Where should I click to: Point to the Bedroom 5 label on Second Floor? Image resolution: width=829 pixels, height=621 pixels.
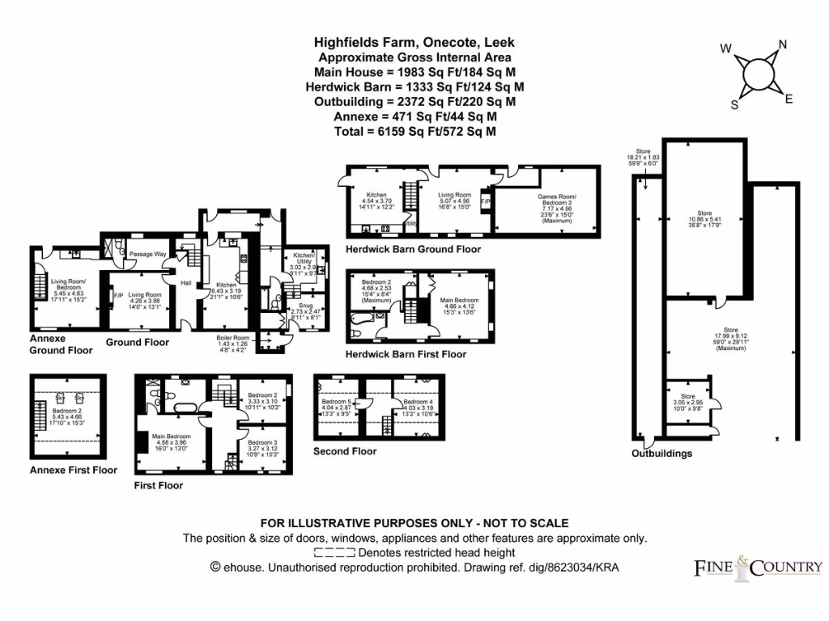pos(337,402)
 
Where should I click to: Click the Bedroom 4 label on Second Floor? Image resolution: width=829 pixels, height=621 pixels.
pos(419,402)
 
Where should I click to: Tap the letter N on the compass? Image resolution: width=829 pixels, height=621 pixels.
pos(783,44)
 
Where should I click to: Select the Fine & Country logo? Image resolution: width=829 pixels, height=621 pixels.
pos(759,568)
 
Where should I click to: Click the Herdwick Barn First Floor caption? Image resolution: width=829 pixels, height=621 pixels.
pos(406,354)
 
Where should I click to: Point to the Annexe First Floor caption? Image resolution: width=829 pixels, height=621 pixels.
pos(73,470)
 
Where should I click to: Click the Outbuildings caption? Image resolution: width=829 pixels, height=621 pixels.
pos(661,454)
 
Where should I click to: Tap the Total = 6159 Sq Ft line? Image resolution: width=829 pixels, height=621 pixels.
pos(414,131)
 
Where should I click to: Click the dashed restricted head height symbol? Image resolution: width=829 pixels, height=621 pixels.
pos(334,553)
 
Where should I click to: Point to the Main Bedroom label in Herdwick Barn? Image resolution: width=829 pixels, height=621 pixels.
pos(459,300)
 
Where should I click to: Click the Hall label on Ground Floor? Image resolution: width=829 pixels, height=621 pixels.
pos(186,282)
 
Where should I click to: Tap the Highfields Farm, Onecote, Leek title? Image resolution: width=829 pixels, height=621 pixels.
pos(414,42)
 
